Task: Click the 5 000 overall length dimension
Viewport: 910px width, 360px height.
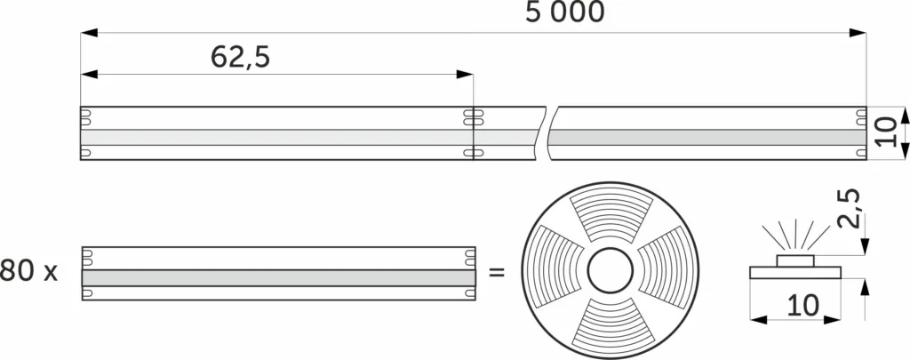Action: [x=564, y=12]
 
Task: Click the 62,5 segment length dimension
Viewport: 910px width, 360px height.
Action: [x=240, y=57]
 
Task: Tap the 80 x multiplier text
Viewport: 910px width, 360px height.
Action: [x=28, y=271]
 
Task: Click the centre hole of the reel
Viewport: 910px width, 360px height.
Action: [x=610, y=271]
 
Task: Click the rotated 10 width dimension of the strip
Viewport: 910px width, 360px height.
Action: [x=885, y=133]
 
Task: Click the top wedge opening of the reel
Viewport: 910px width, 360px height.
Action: [x=610, y=215]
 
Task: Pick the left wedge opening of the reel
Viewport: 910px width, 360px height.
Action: [x=555, y=271]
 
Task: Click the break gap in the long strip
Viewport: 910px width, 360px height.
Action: [x=547, y=133]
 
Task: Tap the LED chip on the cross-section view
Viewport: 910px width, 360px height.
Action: [x=796, y=260]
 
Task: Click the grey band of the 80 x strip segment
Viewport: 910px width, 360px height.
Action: [x=278, y=277]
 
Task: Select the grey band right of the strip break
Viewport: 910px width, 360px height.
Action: [x=706, y=138]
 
